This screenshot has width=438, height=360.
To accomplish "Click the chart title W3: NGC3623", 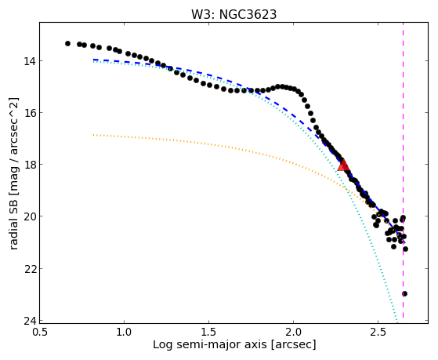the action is (233, 14).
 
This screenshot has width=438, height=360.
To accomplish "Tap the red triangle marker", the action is (343, 165).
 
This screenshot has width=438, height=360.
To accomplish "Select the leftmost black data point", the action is (67, 43).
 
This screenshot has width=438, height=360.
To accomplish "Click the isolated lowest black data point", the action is (404, 293).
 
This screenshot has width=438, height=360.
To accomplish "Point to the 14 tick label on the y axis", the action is (29, 60).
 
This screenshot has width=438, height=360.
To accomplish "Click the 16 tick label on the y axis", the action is (29, 113).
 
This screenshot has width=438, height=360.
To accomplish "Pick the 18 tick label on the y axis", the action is (29, 165).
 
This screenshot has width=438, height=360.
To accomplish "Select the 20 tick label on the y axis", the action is (29, 216).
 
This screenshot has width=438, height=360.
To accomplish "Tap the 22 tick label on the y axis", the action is (29, 268).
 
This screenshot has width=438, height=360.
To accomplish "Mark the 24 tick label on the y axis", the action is (29, 321).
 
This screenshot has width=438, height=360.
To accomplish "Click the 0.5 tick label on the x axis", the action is (39, 332).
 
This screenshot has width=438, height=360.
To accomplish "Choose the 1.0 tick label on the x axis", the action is (124, 332).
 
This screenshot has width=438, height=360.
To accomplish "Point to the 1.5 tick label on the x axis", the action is (208, 332).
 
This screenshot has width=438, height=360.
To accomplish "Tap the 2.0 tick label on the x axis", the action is (293, 332).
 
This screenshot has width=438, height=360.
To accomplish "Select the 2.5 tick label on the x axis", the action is (378, 332).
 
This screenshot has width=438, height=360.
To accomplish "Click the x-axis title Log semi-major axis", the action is (209, 345).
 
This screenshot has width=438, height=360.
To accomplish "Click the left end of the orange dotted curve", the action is (93, 135).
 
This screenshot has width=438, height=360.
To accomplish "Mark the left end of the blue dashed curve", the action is (93, 60).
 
